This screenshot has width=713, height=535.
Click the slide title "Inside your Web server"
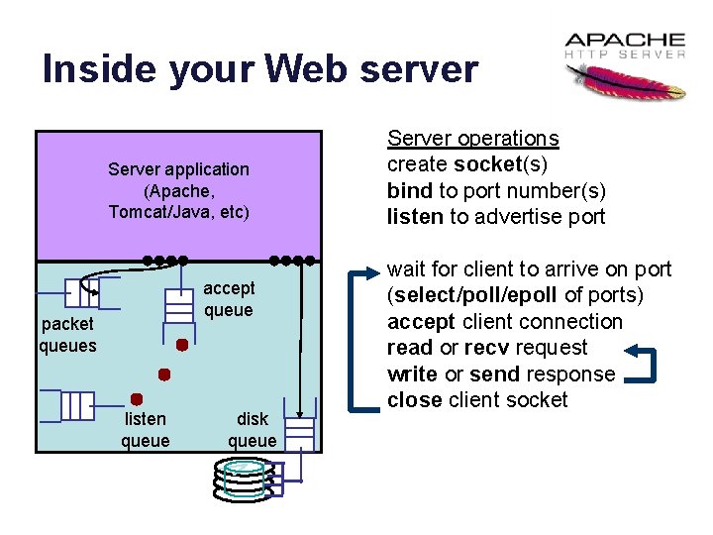click(x=259, y=69)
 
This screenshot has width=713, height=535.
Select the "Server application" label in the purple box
click(x=178, y=169)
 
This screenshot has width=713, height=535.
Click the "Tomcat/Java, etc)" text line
click(x=178, y=211)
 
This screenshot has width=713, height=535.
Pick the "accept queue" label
click(x=229, y=299)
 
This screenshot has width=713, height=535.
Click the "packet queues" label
click(x=67, y=335)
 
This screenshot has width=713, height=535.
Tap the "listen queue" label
click(x=146, y=430)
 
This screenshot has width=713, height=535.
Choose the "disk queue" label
click(x=252, y=430)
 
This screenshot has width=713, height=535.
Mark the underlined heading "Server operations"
click(x=472, y=139)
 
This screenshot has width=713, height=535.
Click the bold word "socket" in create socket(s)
click(x=486, y=164)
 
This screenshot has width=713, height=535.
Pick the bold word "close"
click(x=414, y=400)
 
